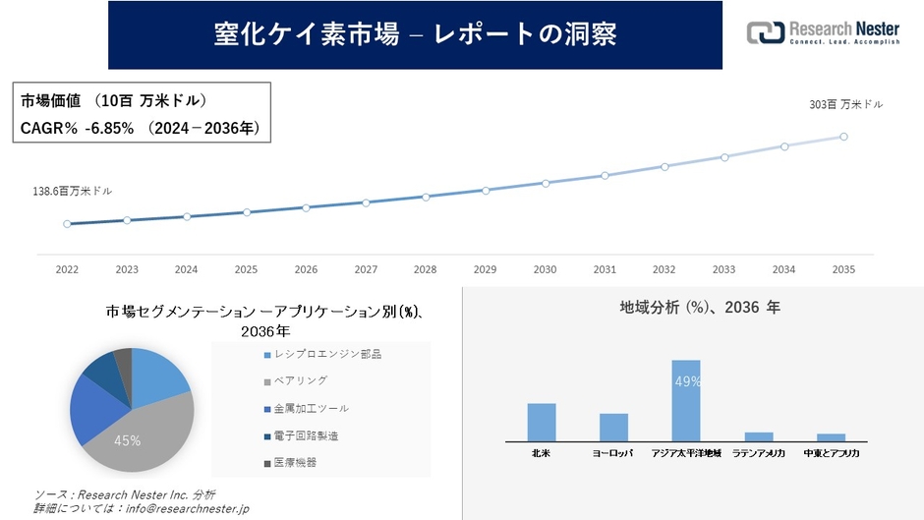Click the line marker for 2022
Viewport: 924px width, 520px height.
pos(67,224)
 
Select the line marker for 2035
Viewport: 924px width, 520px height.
pos(843,137)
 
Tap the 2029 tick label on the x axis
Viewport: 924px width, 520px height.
pos(485,269)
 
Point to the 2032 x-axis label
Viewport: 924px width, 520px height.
pos(664,269)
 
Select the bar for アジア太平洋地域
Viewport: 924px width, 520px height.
pos(686,400)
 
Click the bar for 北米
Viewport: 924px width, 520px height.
pos(542,422)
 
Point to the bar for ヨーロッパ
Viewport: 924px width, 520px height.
pos(613,427)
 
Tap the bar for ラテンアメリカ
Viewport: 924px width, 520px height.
pos(759,435)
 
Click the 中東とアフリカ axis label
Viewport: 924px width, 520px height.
pos(831,453)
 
